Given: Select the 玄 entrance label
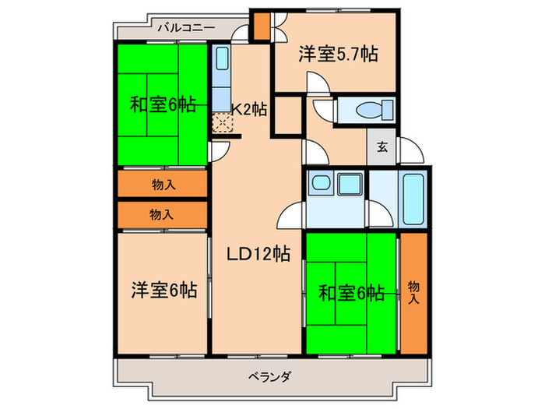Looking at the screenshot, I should [382, 146].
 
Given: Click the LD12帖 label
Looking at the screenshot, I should [259, 253].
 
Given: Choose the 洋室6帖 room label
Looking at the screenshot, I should [163, 291].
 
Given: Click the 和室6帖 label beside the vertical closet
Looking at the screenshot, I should [352, 293].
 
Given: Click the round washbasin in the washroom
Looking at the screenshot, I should [320, 185].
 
